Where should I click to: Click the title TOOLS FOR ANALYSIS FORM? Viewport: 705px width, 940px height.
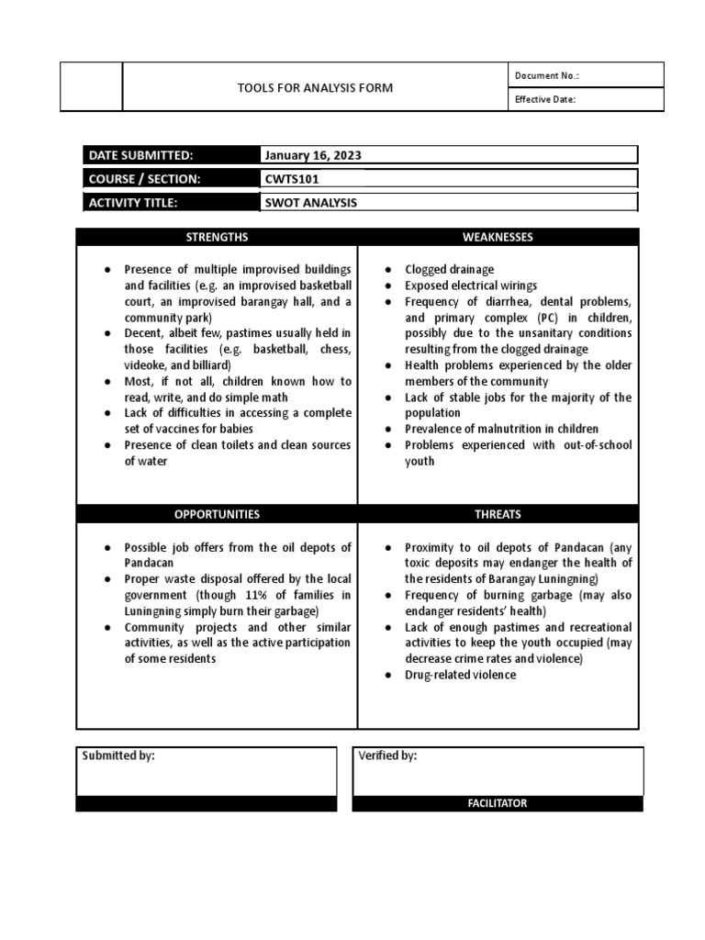click(315, 88)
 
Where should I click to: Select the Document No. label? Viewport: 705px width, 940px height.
click(547, 76)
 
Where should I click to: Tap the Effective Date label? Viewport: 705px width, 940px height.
click(545, 100)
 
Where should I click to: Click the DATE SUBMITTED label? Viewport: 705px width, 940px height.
click(140, 155)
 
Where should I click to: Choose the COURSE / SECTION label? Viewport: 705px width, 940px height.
click(144, 179)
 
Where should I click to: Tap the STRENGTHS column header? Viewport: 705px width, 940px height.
click(217, 238)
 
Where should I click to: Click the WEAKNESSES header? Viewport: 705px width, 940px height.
click(498, 238)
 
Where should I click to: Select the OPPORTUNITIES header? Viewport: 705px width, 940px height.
click(217, 515)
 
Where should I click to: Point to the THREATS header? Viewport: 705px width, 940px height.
click(498, 515)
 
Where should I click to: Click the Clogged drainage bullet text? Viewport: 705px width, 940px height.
click(450, 270)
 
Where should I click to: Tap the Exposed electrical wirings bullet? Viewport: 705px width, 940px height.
click(471, 285)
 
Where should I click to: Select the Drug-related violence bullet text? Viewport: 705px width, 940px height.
click(461, 675)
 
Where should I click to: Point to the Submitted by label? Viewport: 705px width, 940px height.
click(118, 755)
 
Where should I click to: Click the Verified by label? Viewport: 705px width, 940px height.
click(386, 755)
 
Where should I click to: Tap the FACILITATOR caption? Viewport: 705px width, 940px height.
click(498, 803)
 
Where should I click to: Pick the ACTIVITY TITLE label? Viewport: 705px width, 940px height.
click(132, 203)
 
